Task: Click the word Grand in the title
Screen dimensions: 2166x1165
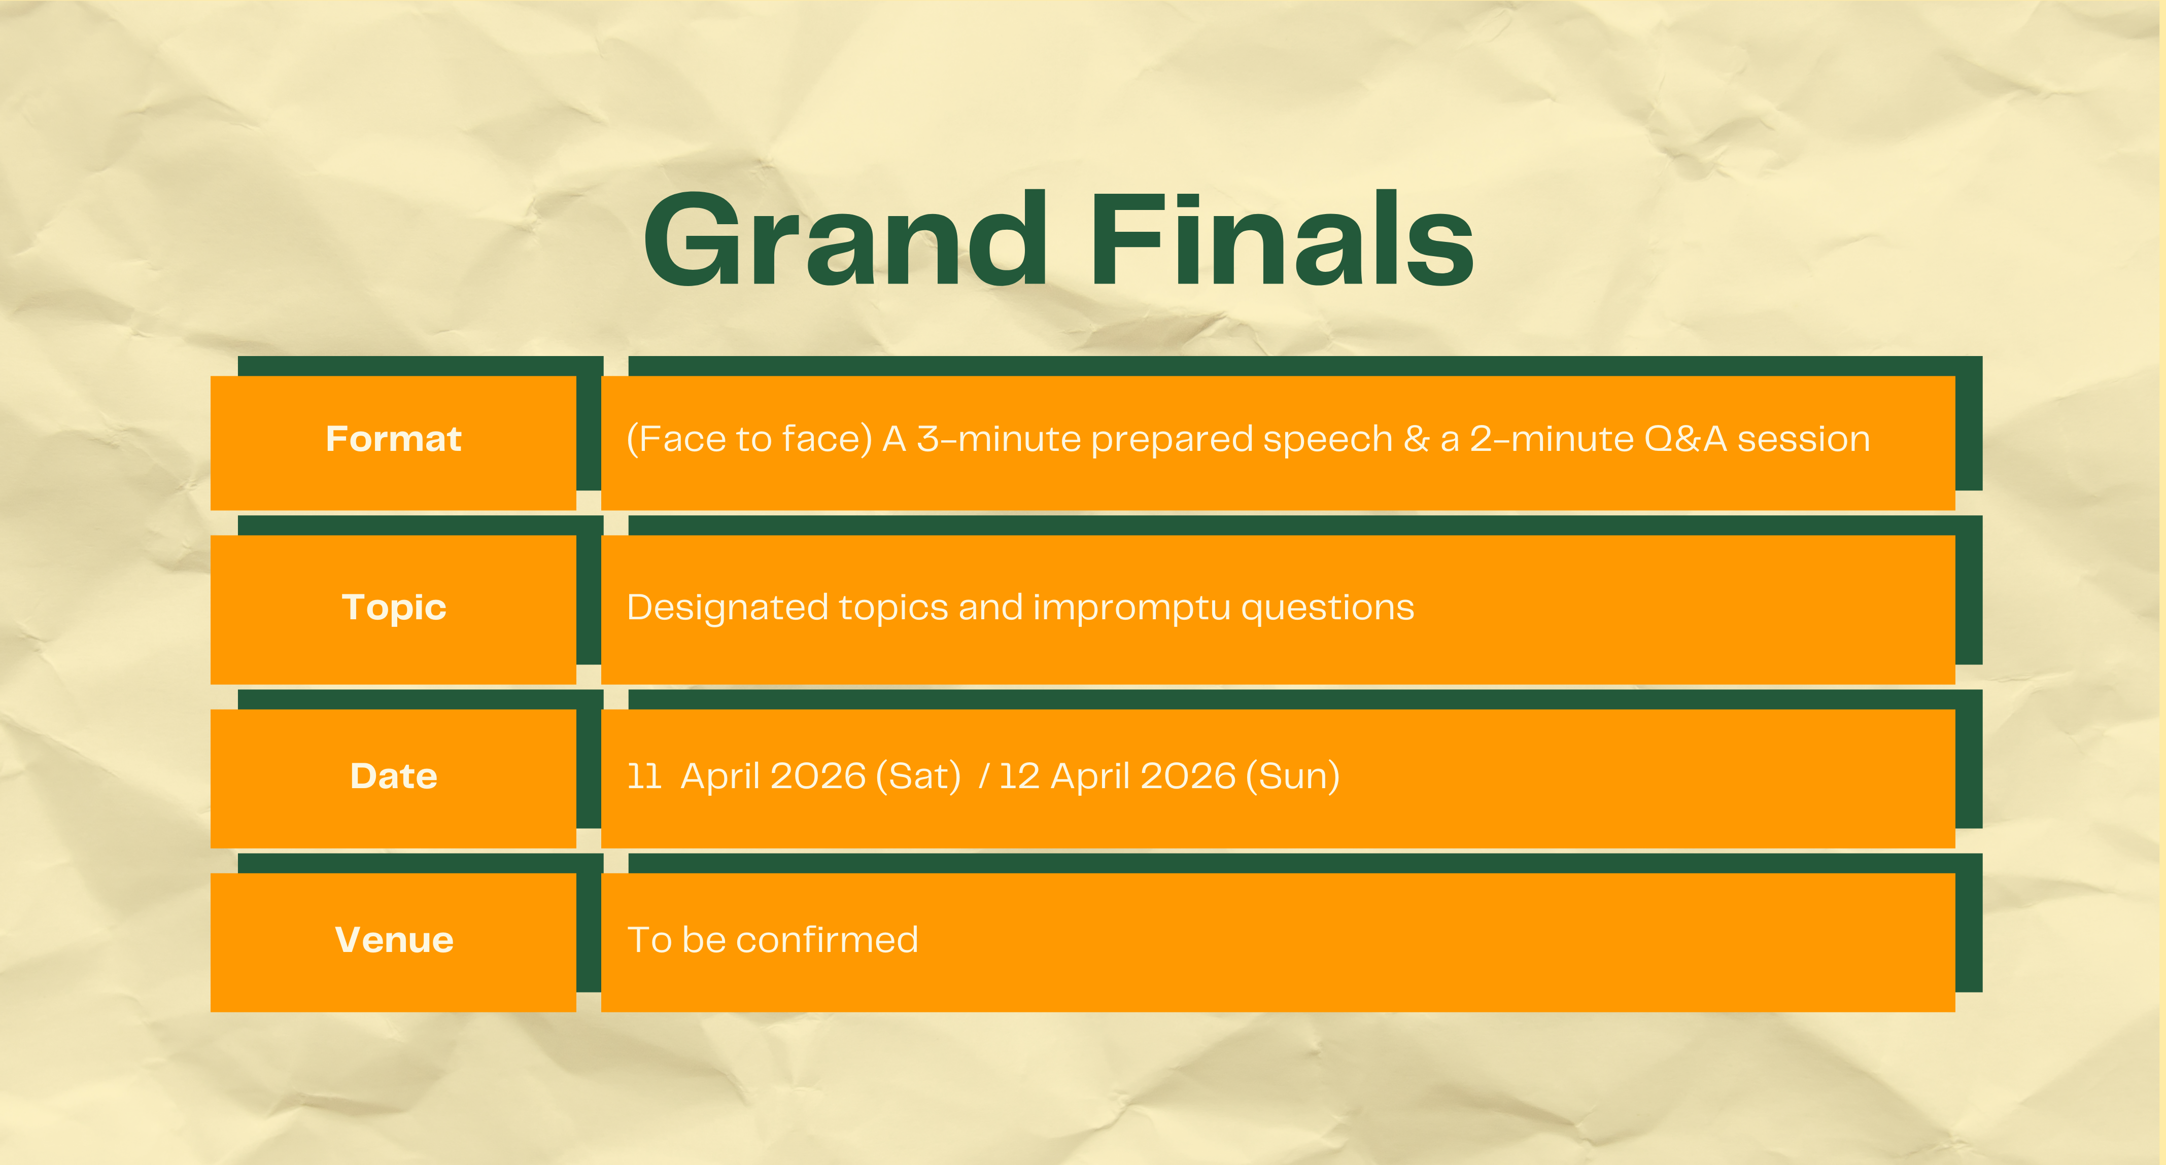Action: (x=846, y=239)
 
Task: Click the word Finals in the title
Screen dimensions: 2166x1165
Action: (x=1282, y=239)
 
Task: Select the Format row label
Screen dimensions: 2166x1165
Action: (x=394, y=439)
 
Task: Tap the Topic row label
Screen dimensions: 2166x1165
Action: (x=394, y=608)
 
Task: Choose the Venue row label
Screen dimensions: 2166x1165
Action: (x=394, y=940)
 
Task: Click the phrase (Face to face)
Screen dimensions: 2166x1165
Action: (x=750, y=439)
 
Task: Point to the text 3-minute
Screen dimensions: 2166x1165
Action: (x=999, y=439)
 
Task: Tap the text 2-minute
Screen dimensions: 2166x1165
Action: (x=1552, y=439)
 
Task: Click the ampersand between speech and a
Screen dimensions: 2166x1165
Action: (x=1417, y=439)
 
